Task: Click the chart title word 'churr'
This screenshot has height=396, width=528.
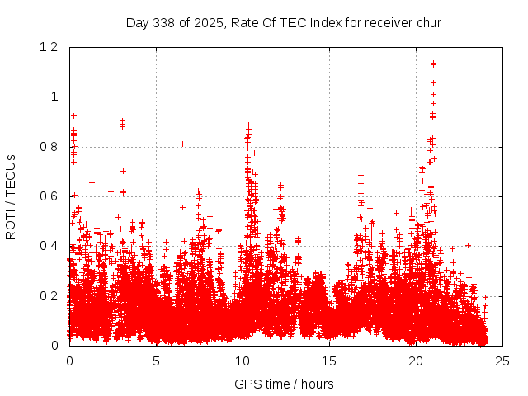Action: click(x=427, y=22)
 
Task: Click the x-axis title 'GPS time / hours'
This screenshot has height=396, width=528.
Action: click(x=284, y=384)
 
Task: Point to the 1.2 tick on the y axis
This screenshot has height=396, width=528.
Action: click(x=52, y=47)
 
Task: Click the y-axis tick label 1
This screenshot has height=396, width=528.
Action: click(x=57, y=97)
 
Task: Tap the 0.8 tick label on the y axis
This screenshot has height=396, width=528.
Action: click(x=52, y=147)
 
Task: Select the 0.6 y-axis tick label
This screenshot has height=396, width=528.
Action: click(x=52, y=196)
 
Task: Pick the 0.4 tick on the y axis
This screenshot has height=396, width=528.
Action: click(x=52, y=246)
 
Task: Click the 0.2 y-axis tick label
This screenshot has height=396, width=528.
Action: click(x=52, y=295)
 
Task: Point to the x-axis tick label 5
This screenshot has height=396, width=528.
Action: click(x=156, y=361)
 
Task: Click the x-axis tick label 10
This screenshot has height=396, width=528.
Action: click(x=243, y=361)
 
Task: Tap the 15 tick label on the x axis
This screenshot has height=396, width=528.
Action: click(x=329, y=361)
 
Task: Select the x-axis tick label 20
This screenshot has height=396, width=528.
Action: click(x=416, y=361)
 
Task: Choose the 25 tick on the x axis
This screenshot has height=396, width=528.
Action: click(x=502, y=361)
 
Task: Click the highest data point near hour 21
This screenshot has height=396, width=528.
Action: click(x=433, y=64)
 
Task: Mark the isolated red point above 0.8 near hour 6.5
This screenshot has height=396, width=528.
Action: click(x=182, y=144)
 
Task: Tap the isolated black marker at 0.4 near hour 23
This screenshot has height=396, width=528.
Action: click(x=468, y=245)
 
